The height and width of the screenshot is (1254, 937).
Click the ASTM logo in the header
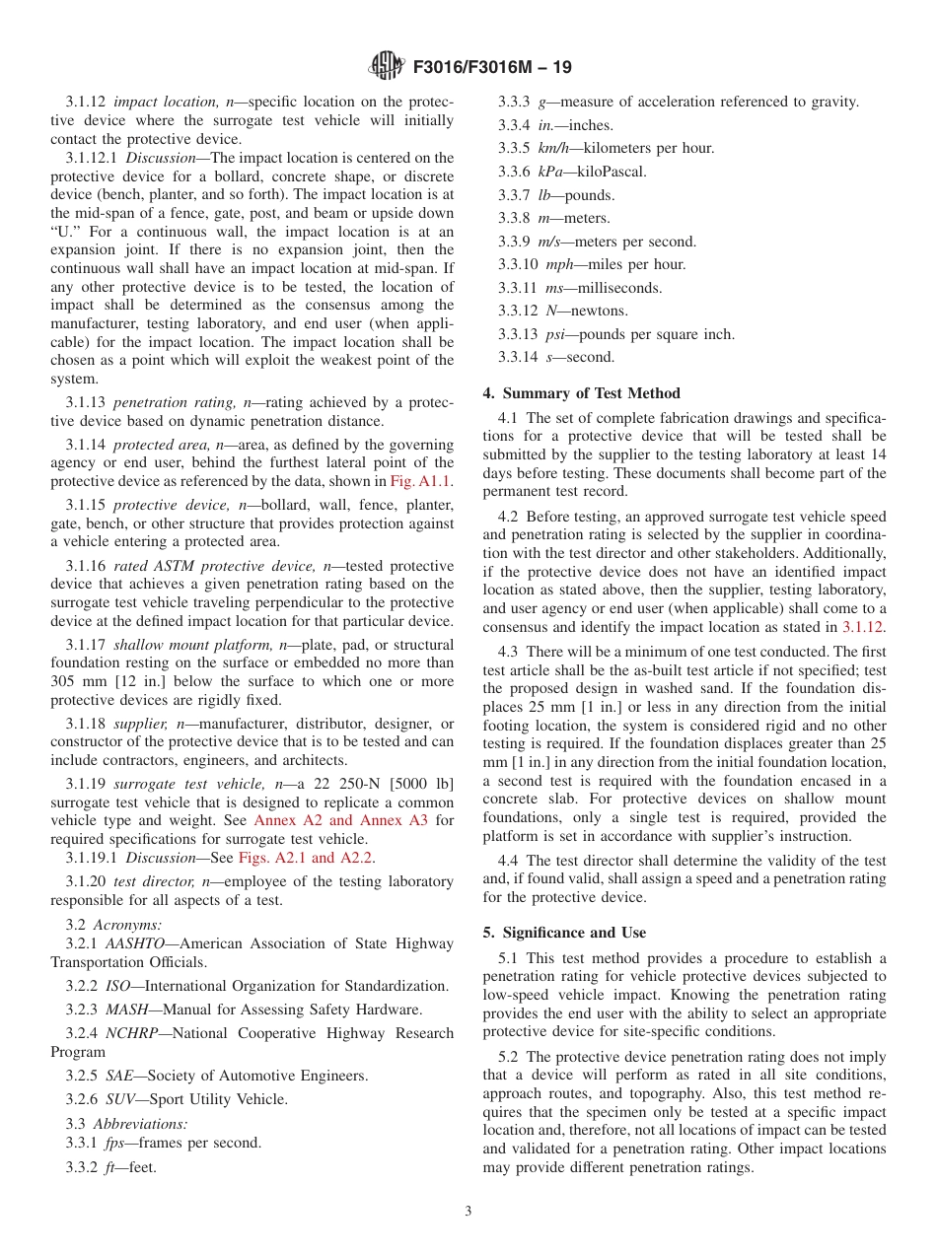pyautogui.click(x=386, y=67)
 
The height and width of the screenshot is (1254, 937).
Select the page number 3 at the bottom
pyautogui.click(x=468, y=1211)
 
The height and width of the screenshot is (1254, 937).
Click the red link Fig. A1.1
pyautogui.click(x=422, y=482)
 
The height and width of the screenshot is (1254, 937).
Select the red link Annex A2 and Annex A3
pyautogui.click(x=339, y=820)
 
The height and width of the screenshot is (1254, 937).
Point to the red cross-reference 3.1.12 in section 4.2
pyautogui.click(x=863, y=626)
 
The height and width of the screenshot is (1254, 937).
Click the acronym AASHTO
pyautogui.click(x=142, y=943)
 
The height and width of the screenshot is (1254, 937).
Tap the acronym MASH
pyautogui.click(x=127, y=1010)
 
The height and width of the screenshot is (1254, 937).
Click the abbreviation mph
pyautogui.click(x=559, y=264)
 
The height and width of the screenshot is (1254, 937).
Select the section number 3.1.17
pyautogui.click(x=87, y=645)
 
